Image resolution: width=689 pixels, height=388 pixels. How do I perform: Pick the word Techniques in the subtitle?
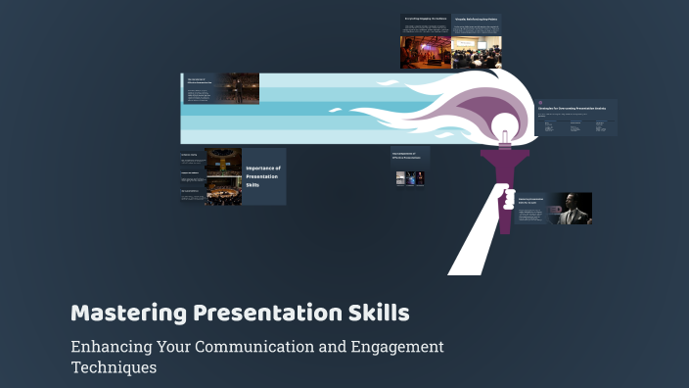tap(114, 368)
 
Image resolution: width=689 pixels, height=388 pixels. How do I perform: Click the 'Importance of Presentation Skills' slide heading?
tap(263, 176)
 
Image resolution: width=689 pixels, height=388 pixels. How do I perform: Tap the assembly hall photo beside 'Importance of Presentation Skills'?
tap(223, 176)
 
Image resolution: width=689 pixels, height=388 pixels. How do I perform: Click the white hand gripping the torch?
tap(506, 198)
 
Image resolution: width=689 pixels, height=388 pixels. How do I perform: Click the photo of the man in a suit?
tap(570, 209)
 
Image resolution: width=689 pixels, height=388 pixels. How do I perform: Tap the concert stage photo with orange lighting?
tap(425, 48)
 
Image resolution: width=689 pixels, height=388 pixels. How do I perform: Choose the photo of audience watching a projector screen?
tap(477, 46)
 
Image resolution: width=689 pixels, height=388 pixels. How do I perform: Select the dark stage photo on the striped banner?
tap(238, 88)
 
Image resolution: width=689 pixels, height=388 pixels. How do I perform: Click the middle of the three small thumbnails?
tap(411, 178)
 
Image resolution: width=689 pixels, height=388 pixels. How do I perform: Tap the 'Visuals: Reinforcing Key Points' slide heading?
tap(477, 18)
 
